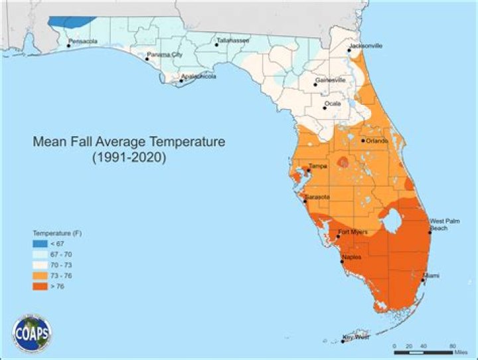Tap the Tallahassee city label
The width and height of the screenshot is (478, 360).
coord(232,41)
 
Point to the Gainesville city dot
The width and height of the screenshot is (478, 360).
coord(316,84)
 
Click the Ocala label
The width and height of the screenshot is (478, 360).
coord(334,104)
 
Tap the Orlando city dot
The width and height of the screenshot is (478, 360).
coord(363,141)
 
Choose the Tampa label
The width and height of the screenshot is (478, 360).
coord(318,166)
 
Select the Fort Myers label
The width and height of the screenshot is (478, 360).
coord(352,232)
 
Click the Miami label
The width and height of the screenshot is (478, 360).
coord(432,275)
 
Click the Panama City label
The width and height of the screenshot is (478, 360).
coord(165,54)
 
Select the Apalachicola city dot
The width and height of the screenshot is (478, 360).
coord(182,82)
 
